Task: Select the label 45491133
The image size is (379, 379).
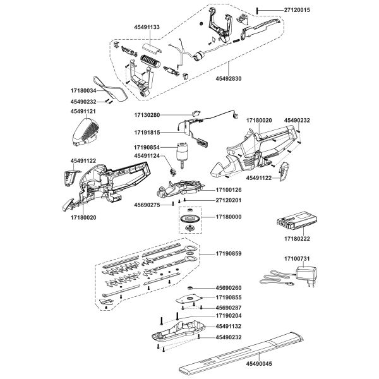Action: pos(147,28)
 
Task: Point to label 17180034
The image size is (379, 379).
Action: pos(82,91)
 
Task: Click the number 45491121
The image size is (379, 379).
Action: pos(83,111)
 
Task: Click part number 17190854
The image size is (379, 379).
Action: pos(147,147)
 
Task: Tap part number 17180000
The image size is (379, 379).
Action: pos(229,217)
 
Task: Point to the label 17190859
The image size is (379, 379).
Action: pos(229,253)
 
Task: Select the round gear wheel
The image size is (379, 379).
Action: pos(188,220)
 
